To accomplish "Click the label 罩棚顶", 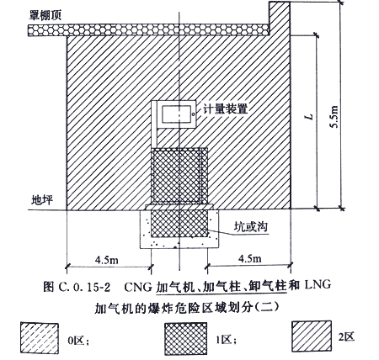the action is tap(45, 16).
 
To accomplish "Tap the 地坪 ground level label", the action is tap(42, 199).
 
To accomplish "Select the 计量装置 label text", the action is tap(226, 109).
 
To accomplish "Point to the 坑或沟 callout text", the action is tap(251, 226).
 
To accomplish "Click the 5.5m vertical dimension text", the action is tap(334, 117).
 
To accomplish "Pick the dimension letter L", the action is tap(310, 116).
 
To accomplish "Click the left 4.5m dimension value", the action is tap(107, 260).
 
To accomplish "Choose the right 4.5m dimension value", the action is tap(249, 258).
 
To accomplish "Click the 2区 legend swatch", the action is tap(312, 336).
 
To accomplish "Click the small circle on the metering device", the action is tap(193, 114).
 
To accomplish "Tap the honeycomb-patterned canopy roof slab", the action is tap(148, 30).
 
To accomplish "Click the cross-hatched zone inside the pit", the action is tap(179, 223).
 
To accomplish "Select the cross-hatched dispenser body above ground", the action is tap(179, 176).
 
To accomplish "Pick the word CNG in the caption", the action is tap(139, 287).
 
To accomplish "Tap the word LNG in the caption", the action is tap(317, 284).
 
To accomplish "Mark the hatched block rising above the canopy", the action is tap(280, 19).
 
